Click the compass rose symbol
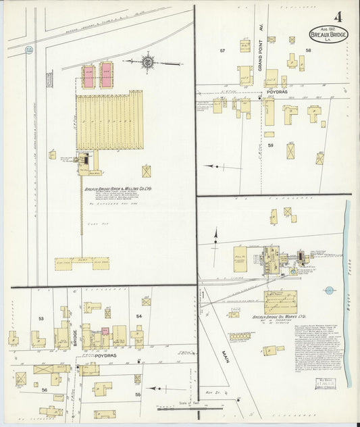pyautogui.click(x=147, y=62)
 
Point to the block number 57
pyautogui.click(x=222, y=51)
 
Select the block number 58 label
pyautogui.click(x=309, y=51)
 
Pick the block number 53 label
pyautogui.click(x=41, y=318)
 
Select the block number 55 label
pyautogui.click(x=139, y=393)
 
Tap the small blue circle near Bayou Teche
pyautogui.click(x=328, y=291)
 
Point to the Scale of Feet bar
pyautogui.click(x=180, y=406)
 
